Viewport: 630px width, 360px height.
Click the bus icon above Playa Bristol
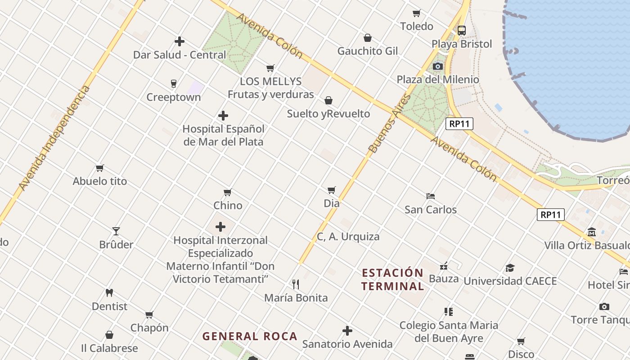(462, 31)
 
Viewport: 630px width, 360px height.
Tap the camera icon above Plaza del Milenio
(437, 67)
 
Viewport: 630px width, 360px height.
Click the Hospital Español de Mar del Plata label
(223, 135)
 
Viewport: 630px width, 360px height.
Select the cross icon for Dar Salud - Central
(180, 41)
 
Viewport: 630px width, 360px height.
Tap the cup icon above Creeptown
(174, 84)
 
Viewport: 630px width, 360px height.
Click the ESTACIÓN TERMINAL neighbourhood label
(392, 279)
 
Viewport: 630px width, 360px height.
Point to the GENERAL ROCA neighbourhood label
(250, 336)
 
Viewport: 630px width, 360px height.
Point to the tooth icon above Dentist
(109, 293)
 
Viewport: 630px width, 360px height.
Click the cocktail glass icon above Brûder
(116, 231)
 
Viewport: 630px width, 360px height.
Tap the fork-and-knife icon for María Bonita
(296, 284)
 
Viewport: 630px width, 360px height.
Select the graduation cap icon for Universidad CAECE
(510, 268)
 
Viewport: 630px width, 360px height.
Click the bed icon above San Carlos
(431, 196)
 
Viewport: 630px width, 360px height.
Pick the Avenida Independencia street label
(54, 138)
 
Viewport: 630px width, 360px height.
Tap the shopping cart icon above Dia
(332, 190)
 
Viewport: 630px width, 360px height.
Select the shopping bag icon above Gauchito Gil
(368, 38)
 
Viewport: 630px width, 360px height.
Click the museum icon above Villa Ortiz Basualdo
(592, 232)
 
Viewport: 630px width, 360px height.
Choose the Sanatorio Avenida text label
(347, 344)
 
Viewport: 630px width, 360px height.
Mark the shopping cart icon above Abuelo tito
(100, 168)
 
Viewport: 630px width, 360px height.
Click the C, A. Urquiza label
(348, 237)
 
